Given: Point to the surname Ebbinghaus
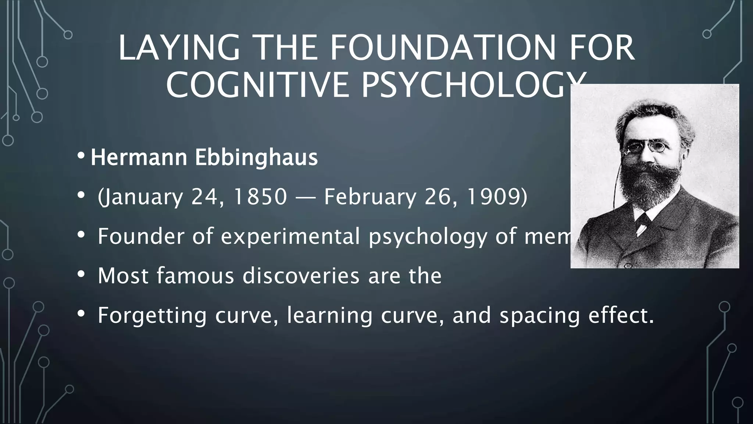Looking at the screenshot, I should (256, 158).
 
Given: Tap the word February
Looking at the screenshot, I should (370, 197).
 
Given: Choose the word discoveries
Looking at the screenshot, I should (300, 275).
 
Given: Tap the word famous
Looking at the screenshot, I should (195, 275).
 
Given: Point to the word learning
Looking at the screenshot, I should (329, 315).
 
